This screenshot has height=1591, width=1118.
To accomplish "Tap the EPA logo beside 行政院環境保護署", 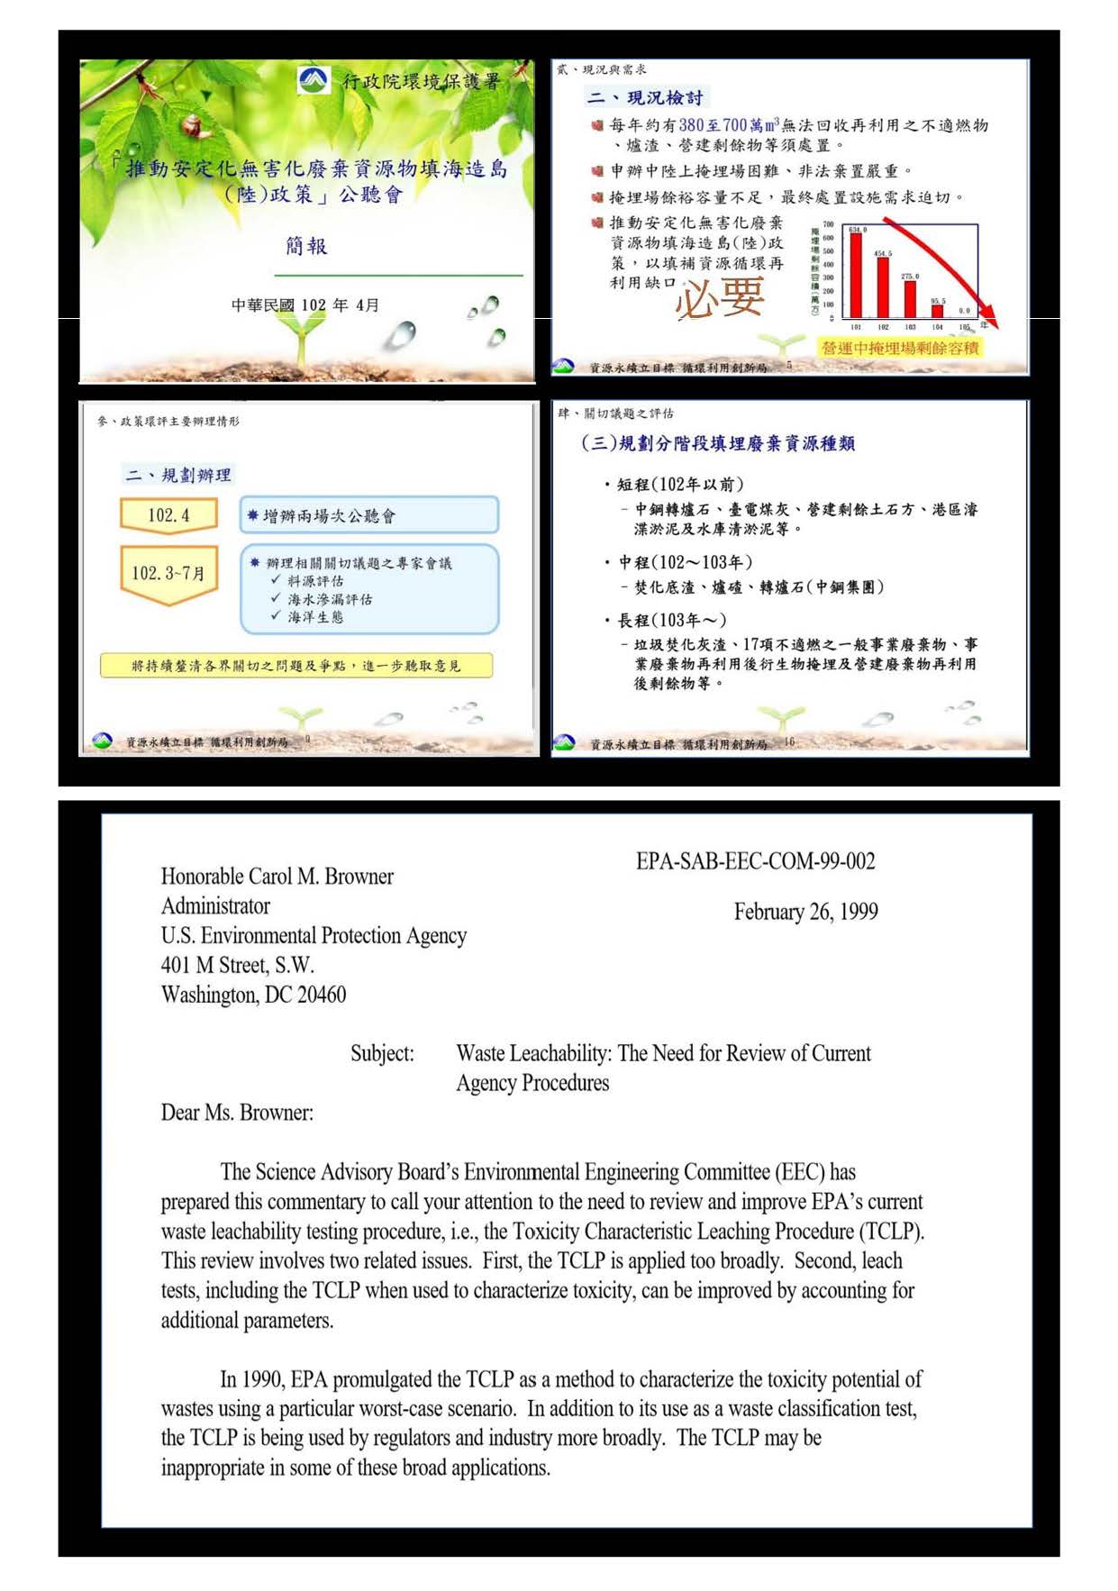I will click(x=314, y=80).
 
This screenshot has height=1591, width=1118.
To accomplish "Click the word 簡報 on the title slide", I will click(x=306, y=246).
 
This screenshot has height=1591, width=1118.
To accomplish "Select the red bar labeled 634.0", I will click(x=856, y=275).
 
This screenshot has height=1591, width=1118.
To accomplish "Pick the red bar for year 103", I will click(x=910, y=298).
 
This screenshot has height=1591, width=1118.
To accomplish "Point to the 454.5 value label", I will click(x=882, y=254).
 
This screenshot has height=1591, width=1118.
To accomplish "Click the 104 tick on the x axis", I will click(x=937, y=327).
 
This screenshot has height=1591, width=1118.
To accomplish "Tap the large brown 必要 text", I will click(x=720, y=298).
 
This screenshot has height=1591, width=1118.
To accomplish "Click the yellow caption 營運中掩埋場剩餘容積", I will click(x=899, y=348).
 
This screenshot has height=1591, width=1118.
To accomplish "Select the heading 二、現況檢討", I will click(x=644, y=97).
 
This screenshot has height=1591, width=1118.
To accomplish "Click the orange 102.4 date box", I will click(x=168, y=515).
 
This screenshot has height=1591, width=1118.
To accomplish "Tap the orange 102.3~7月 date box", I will click(x=168, y=573).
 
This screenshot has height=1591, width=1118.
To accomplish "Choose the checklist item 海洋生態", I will click(x=315, y=617).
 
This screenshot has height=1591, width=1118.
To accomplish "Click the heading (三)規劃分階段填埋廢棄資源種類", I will click(x=717, y=443).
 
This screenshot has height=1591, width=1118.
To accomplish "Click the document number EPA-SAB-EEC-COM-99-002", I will click(x=755, y=861).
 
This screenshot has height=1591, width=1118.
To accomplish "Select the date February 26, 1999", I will click(x=805, y=912).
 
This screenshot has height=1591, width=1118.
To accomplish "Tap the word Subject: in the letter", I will click(x=382, y=1053).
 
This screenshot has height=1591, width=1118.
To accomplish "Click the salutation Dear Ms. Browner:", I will click(x=237, y=1113).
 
